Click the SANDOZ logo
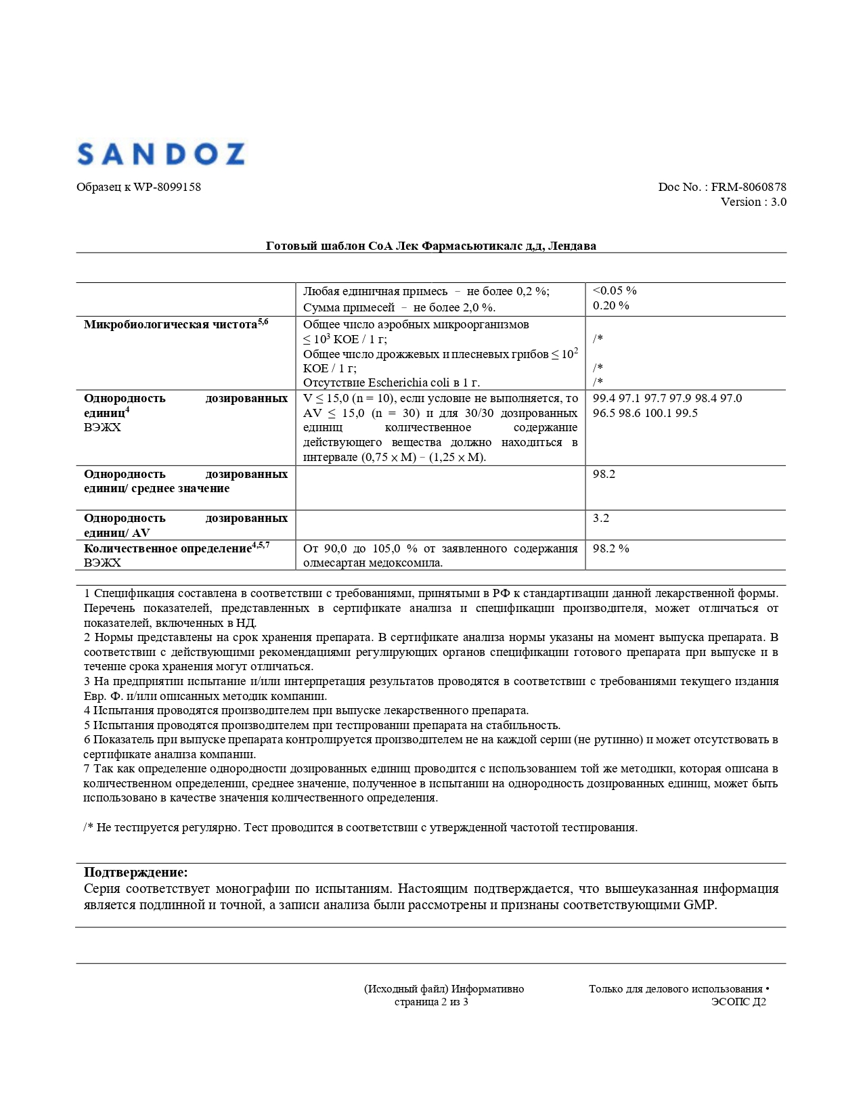(160, 154)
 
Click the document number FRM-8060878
(749, 187)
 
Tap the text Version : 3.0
(753, 202)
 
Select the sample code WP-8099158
(167, 187)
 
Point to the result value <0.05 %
(615, 290)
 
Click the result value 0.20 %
(611, 305)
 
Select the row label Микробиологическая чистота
(171, 324)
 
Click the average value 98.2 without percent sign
(604, 474)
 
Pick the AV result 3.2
(601, 518)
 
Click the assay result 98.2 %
(611, 548)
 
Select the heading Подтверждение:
(136, 872)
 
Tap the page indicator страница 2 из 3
(431, 1002)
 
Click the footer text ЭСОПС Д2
(738, 1002)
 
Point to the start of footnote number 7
(87, 769)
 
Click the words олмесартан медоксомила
(372, 563)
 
